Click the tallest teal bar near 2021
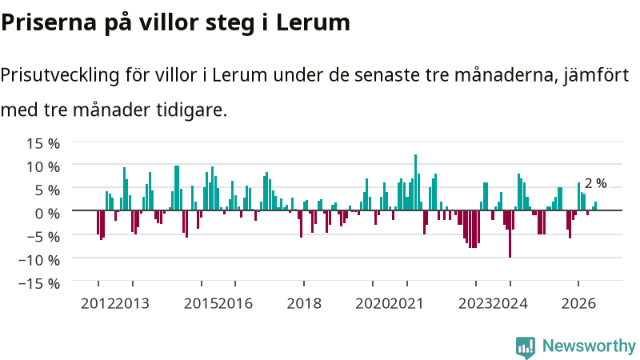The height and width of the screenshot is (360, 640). coord(415,182)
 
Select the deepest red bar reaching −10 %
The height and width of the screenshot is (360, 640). coord(510,234)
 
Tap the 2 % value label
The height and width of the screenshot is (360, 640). coord(595,183)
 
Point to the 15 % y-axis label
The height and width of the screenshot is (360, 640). coord(43,143)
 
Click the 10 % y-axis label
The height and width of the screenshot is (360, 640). coord(43,166)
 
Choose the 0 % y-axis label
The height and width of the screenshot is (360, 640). coord(47,213)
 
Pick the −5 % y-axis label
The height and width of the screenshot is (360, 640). coord(39,236)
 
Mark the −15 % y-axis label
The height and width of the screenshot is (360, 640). coord(39,283)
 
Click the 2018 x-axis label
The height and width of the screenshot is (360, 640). coord(304,303)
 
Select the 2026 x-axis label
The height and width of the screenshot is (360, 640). coord(578,303)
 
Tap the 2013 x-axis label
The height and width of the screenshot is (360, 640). coord(132,303)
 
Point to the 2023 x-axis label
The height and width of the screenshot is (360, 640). coord(475,303)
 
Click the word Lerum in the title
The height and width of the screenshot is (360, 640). coord(313,22)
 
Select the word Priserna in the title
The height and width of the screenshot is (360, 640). coord(49,23)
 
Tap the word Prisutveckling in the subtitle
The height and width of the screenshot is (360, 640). coord(60,75)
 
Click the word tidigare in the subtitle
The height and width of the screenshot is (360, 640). coord(191,110)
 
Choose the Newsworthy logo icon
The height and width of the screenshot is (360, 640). coord(526,347)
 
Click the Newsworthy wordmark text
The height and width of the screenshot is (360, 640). coord(589,346)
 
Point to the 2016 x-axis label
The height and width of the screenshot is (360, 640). coord(235,303)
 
